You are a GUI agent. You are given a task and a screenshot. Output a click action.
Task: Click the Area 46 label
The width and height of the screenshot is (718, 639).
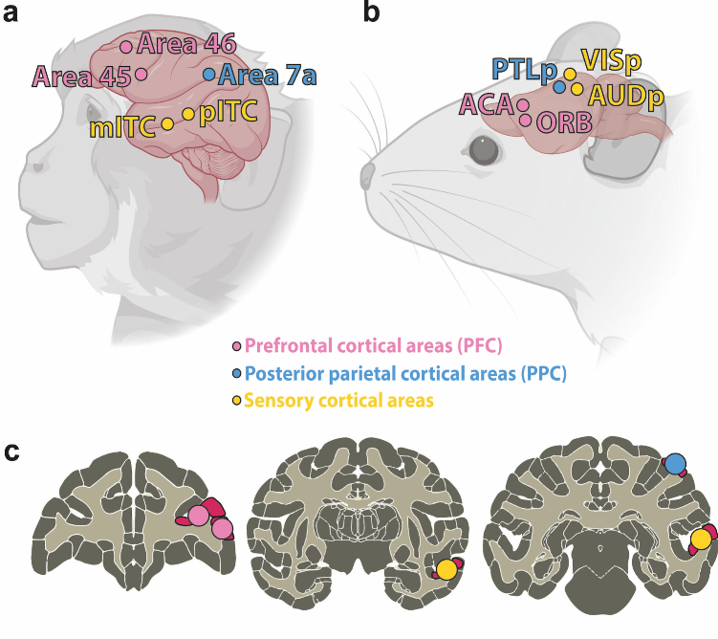point(186,44)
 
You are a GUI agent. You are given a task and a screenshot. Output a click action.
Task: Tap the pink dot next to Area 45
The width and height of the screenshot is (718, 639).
point(141,74)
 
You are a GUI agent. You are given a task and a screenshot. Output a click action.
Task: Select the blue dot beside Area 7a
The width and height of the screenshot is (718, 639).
point(208,75)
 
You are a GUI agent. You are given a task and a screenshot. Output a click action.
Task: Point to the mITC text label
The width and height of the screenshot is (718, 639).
point(122,127)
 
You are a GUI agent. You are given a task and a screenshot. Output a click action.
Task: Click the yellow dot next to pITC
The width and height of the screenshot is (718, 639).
point(188,114)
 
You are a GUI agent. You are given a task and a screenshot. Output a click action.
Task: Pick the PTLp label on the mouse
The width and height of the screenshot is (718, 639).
point(524,70)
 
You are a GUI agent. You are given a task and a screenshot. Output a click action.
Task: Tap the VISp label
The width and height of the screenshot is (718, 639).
point(611,60)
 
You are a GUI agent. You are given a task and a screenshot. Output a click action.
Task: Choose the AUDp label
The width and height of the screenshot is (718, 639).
point(626,97)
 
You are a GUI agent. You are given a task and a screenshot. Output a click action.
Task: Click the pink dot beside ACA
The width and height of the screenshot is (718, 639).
point(523,106)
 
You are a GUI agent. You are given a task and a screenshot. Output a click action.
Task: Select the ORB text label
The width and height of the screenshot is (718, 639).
point(564,122)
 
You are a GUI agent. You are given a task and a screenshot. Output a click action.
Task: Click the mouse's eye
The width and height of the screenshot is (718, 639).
point(484,150)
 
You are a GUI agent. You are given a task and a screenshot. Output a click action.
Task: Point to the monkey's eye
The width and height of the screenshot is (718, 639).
point(94,111)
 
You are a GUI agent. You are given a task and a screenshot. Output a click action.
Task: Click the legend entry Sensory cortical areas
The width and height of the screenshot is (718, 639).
point(338,401)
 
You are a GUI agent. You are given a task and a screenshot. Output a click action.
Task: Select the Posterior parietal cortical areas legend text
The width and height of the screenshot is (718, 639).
point(405,374)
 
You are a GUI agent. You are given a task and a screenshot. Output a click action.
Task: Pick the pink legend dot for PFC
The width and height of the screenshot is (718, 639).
point(237,346)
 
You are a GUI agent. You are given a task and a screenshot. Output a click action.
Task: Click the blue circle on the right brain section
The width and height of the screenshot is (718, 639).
point(675,464)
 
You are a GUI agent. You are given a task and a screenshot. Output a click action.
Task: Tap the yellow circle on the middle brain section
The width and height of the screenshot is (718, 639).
point(446,569)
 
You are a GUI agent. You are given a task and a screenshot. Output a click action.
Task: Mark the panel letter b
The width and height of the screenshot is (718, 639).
point(371,11)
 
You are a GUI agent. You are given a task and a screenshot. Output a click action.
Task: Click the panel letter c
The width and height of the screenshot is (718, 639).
point(11,452)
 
